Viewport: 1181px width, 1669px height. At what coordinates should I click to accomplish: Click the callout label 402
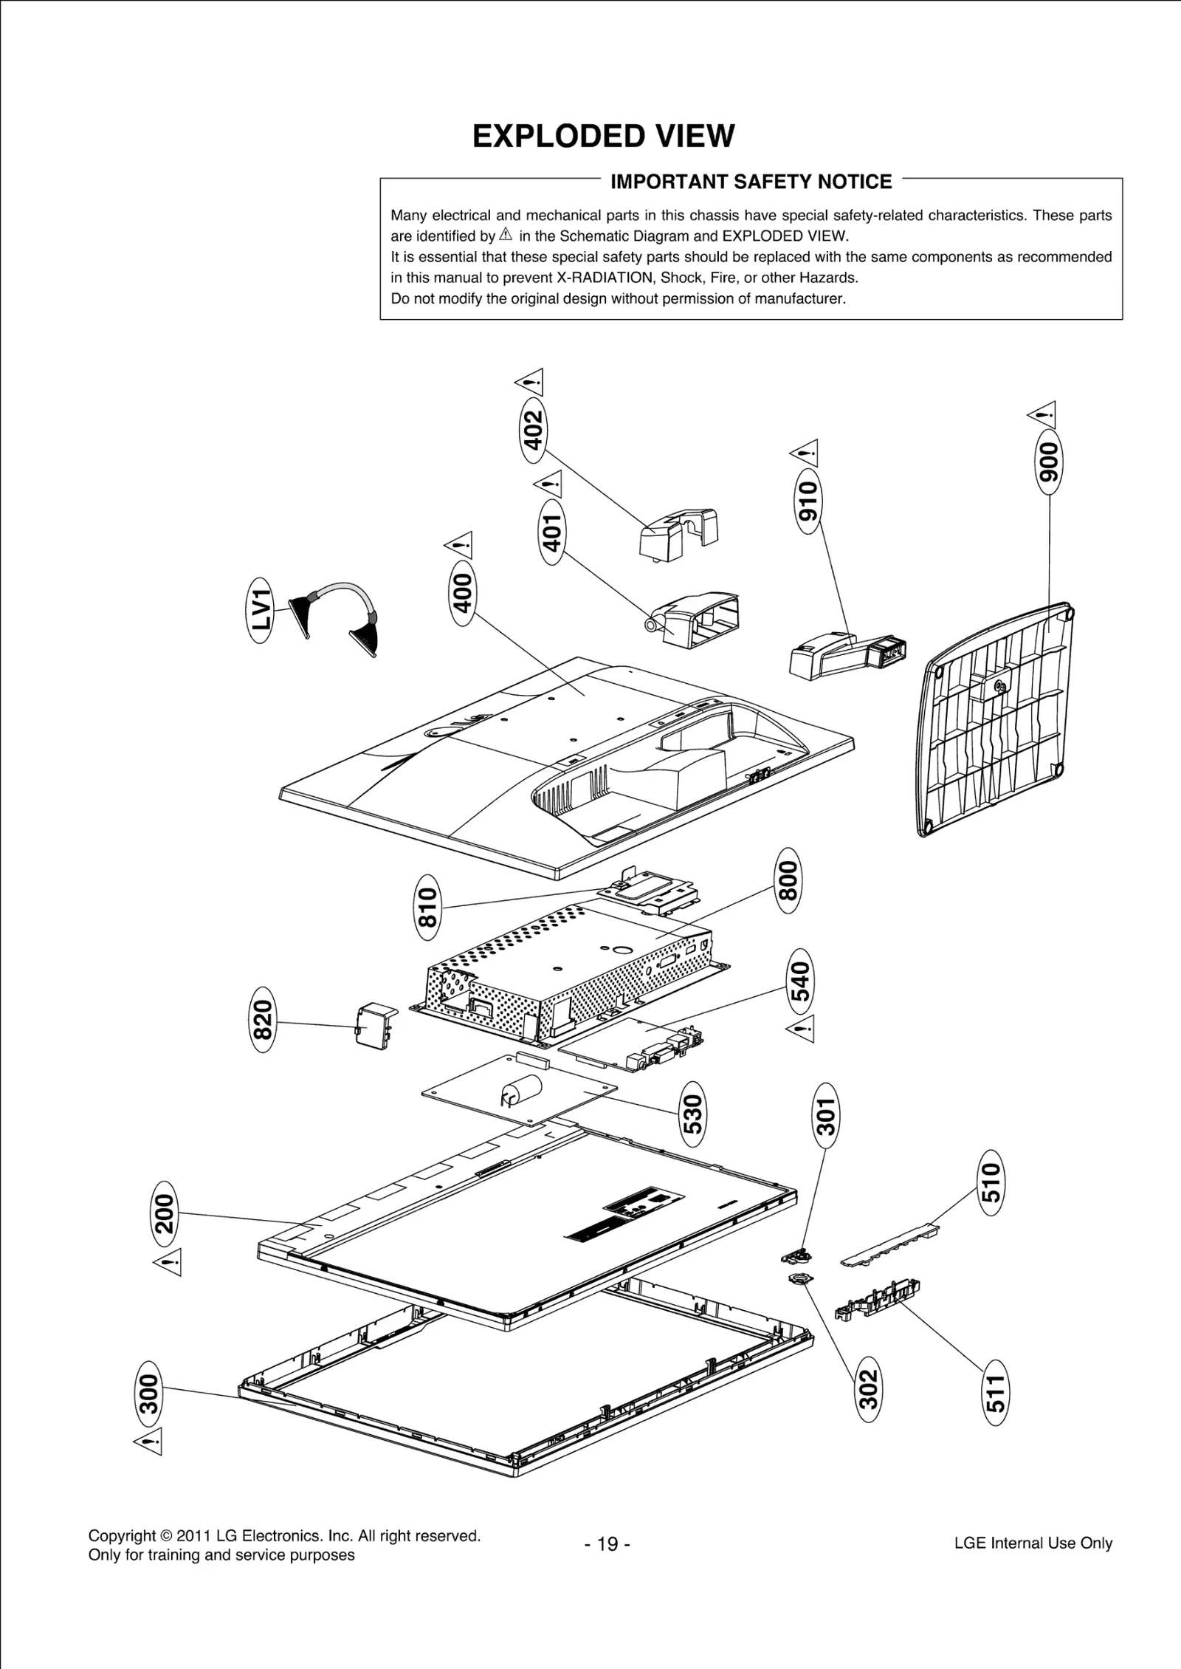(533, 429)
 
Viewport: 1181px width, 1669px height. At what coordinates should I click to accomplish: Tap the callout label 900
(1048, 461)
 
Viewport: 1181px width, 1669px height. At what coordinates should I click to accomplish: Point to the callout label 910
(809, 500)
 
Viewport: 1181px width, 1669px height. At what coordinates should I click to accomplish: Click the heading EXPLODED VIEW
(603, 137)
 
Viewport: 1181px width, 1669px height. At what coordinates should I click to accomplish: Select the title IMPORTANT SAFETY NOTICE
(751, 182)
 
